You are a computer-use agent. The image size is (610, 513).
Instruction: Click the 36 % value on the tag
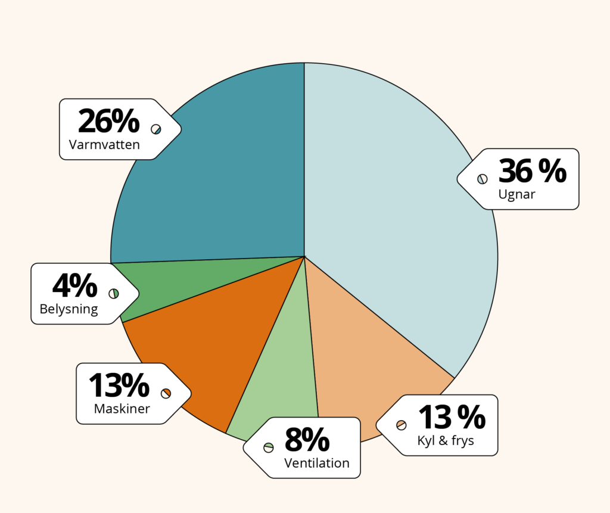click(x=532, y=172)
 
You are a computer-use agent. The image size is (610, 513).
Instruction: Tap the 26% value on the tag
click(x=108, y=122)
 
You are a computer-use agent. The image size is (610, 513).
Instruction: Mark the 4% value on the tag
click(x=74, y=286)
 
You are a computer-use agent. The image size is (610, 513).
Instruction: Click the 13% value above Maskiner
click(x=119, y=385)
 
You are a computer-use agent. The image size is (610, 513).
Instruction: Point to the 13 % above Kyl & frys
click(x=451, y=418)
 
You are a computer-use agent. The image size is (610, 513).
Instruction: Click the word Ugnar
click(x=516, y=194)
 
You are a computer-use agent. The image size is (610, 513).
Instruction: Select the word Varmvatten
click(x=104, y=145)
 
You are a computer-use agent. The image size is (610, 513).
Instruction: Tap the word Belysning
click(x=69, y=309)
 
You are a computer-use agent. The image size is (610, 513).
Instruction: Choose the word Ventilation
click(x=317, y=463)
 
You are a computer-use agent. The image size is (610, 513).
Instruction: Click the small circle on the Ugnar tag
click(x=483, y=179)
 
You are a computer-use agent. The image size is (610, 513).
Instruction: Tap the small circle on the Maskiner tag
click(x=166, y=393)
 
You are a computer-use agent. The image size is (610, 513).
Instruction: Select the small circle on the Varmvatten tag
click(x=156, y=129)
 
